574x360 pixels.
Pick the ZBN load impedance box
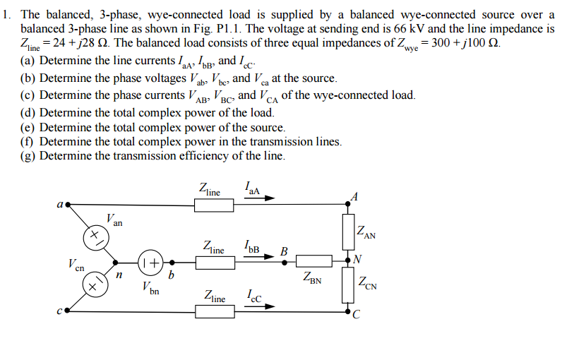coord(311,261)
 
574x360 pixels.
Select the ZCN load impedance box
coord(347,285)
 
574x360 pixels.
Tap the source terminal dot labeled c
coord(67,309)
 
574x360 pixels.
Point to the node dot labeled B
coord(285,261)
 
